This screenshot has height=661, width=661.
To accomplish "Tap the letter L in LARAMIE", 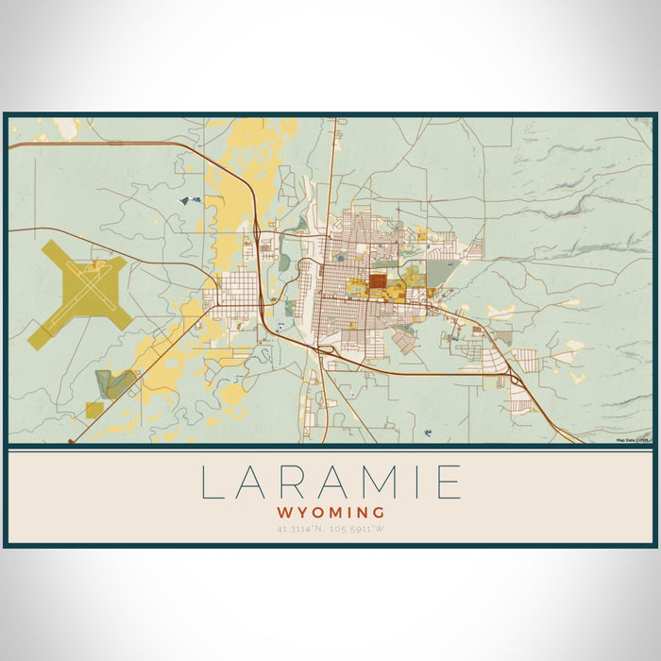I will click(x=212, y=482).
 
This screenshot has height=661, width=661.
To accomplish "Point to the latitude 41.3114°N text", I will click(x=303, y=529).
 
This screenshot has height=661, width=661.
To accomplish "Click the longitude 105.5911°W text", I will click(x=358, y=529).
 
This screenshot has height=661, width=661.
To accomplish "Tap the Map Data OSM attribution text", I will click(x=633, y=440).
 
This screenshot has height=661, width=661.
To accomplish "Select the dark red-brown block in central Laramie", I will click(x=377, y=280).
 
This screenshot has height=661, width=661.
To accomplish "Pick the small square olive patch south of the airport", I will click(x=93, y=409).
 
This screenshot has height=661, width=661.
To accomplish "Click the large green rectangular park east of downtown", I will click(x=439, y=274).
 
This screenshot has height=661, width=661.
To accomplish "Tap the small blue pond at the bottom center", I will click(x=428, y=432).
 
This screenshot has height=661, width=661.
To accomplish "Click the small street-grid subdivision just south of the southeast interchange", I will click(x=517, y=400).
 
